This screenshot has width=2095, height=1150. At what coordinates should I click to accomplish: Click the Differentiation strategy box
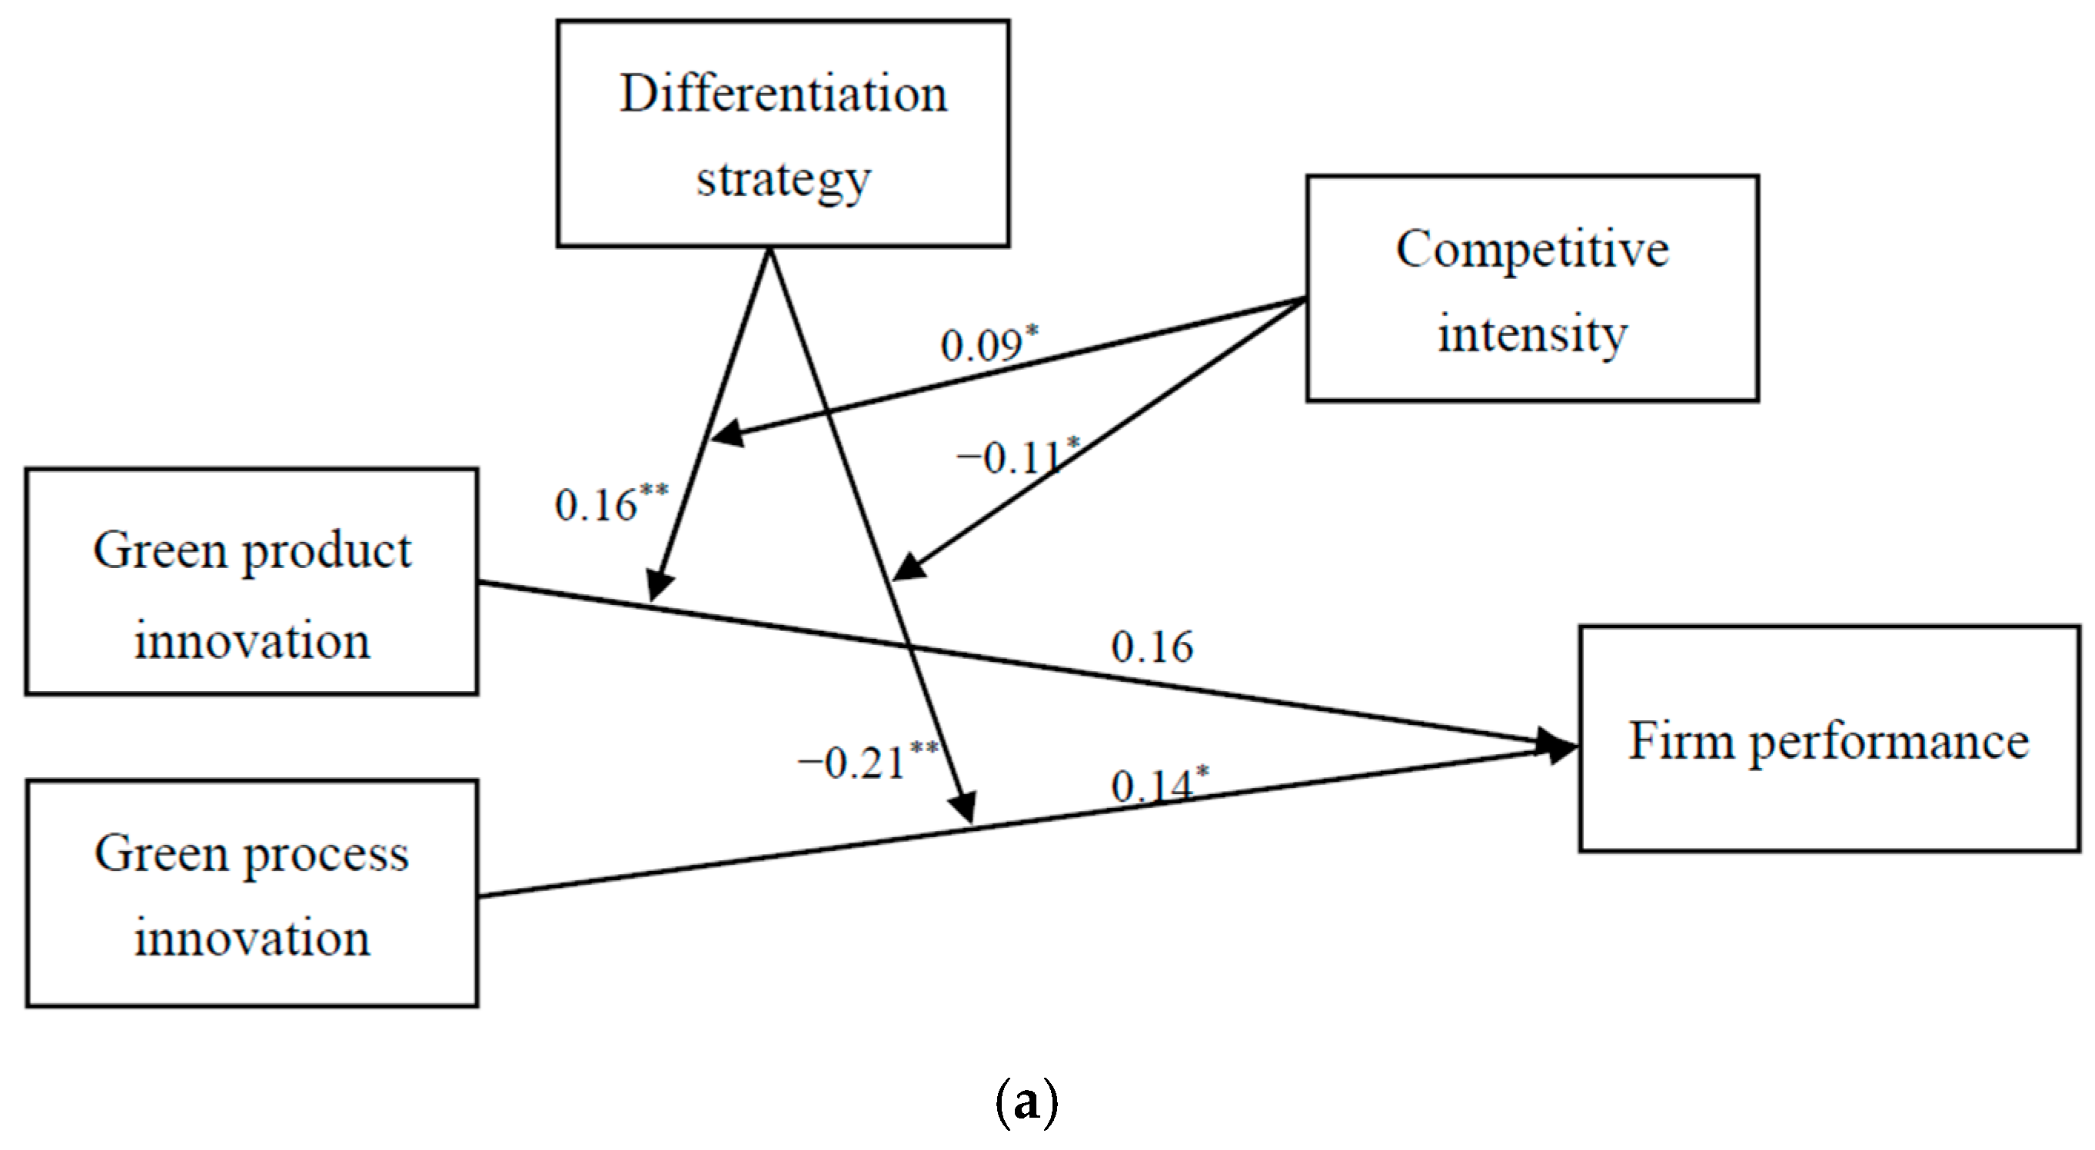click(x=783, y=134)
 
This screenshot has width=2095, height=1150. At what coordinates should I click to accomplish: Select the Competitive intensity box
click(x=1532, y=288)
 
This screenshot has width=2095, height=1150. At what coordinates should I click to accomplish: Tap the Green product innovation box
click(x=251, y=580)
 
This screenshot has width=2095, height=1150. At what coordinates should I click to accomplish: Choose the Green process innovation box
click(x=251, y=893)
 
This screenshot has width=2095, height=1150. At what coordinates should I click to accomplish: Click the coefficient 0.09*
click(x=989, y=344)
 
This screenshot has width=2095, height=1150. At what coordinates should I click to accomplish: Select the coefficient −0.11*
click(x=1017, y=457)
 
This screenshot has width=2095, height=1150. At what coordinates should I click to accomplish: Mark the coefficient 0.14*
click(x=1159, y=785)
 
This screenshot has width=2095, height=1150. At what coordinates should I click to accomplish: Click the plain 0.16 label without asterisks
click(x=1152, y=647)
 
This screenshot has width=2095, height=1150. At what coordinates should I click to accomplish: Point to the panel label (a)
click(x=1026, y=1102)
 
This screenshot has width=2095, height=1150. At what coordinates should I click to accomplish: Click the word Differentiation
click(x=783, y=94)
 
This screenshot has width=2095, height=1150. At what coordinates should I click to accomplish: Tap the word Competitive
click(x=1532, y=249)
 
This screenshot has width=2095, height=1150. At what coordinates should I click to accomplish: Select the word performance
click(x=1888, y=742)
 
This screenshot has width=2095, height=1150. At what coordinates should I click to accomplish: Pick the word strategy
click(x=783, y=180)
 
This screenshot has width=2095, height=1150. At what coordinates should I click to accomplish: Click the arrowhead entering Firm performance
click(x=1558, y=745)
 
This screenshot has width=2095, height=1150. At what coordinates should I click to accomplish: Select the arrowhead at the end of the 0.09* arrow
click(x=727, y=434)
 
